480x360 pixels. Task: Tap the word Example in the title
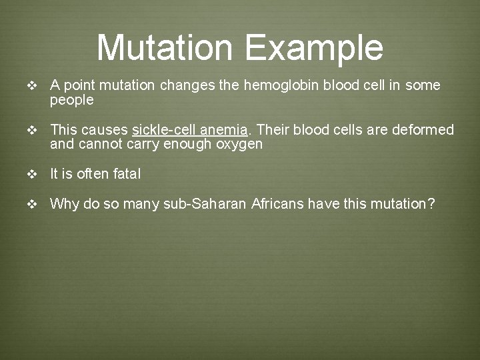(313, 47)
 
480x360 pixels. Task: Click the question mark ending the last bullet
(431, 204)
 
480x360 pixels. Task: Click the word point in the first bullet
(81, 86)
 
